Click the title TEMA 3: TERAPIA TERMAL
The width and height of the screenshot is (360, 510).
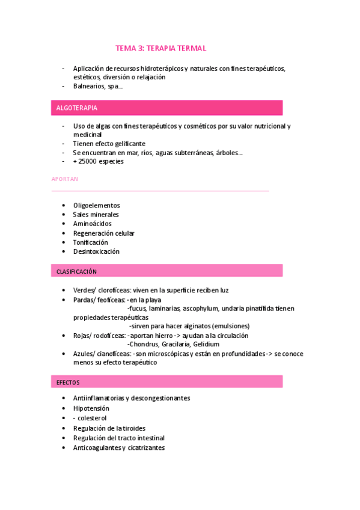[164, 48]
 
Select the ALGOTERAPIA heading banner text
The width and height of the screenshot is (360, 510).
[76, 108]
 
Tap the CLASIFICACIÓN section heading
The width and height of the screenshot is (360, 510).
[76, 271]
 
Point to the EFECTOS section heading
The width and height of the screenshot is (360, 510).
[68, 382]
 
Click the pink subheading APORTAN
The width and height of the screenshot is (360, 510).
[65, 179]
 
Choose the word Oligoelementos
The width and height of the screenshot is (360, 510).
[96, 206]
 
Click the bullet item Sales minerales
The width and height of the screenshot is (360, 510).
[96, 215]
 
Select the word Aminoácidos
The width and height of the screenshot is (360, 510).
[92, 224]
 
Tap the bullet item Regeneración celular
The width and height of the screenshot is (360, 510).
[103, 233]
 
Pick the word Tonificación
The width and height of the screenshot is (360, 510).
[91, 242]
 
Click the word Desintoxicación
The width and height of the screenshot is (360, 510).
[96, 251]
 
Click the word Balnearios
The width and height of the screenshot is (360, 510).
[88, 86]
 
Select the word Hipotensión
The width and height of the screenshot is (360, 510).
[91, 408]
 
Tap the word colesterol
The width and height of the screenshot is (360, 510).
[94, 418]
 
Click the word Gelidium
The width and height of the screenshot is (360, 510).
[206, 345]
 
